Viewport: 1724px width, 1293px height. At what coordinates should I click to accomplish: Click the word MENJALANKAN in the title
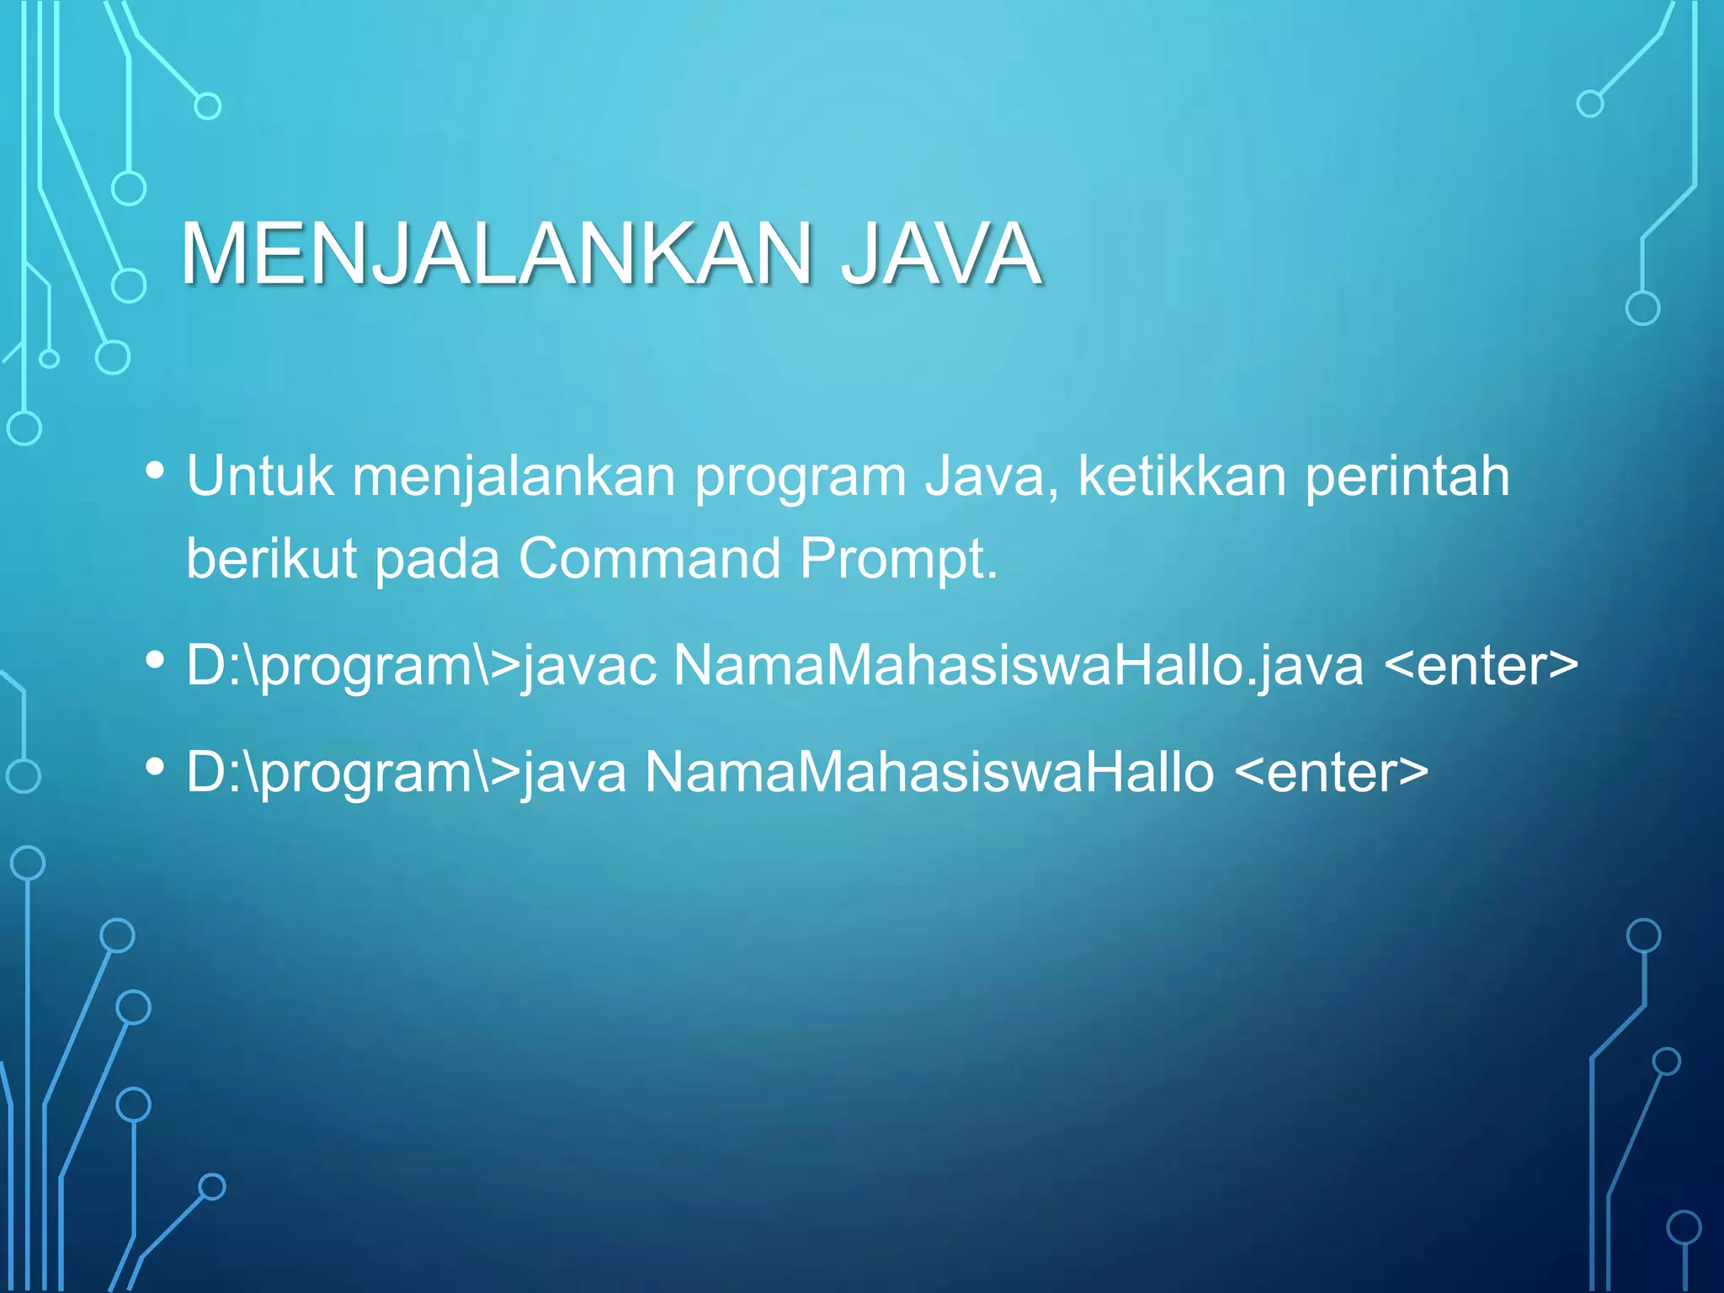point(495,253)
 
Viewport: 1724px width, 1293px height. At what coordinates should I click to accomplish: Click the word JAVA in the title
point(941,253)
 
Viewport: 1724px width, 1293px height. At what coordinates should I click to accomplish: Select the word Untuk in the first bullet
point(259,476)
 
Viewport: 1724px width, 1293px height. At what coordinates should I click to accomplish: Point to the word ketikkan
point(1182,476)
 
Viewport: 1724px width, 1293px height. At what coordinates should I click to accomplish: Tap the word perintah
point(1407,476)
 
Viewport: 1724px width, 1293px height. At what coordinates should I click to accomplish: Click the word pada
point(437,560)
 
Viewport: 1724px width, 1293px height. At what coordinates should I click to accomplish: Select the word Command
point(650,558)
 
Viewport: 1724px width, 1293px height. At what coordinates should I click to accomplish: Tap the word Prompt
point(898,560)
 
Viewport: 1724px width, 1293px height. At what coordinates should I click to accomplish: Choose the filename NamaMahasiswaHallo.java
point(1018,666)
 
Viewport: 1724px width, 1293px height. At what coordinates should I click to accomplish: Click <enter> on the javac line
point(1481,666)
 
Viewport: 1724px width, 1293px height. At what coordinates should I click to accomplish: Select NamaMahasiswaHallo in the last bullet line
point(929,772)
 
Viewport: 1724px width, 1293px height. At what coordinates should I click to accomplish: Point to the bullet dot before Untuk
point(155,471)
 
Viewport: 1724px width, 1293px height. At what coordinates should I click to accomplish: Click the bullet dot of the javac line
point(155,660)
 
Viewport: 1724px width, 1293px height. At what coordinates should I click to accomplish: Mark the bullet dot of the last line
point(155,766)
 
